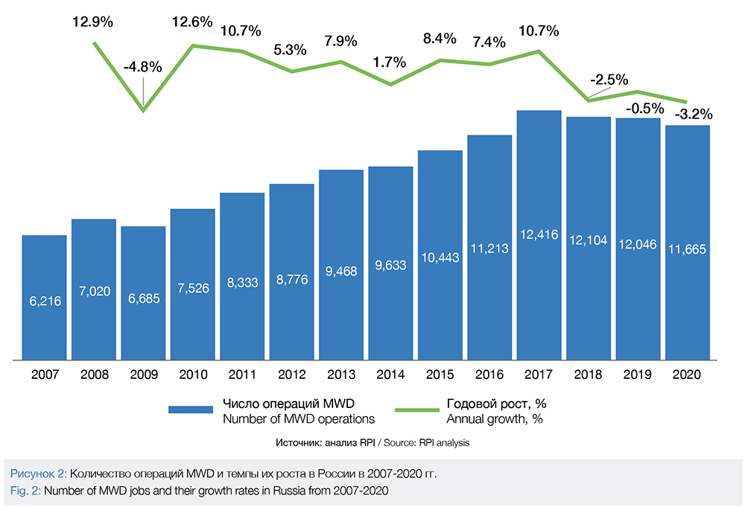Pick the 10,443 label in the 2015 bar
[440, 257]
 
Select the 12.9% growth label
[92, 22]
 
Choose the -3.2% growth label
[694, 115]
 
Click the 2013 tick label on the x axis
[341, 374]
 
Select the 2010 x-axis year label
[192, 374]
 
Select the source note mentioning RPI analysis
[372, 443]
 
